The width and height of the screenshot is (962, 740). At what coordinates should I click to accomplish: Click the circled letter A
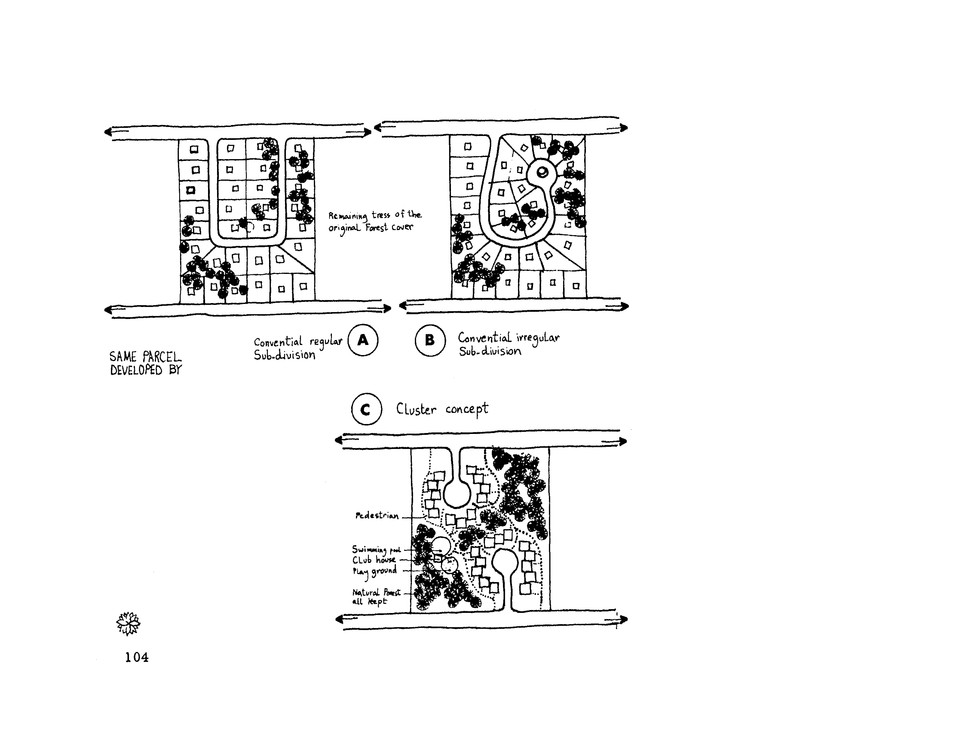click(363, 340)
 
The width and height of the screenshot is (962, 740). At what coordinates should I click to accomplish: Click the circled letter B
click(430, 340)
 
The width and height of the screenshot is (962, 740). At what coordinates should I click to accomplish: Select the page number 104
click(136, 657)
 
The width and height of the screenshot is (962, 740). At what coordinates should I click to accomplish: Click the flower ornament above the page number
click(128, 623)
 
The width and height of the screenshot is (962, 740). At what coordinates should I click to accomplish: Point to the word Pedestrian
click(377, 516)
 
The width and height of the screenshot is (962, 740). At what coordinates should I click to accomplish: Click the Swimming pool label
click(376, 549)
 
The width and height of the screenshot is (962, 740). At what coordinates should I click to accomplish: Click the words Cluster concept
click(442, 409)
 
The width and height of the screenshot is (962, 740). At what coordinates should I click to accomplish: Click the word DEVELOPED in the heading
click(136, 370)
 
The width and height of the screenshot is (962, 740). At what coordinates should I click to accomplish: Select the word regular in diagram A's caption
click(326, 342)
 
